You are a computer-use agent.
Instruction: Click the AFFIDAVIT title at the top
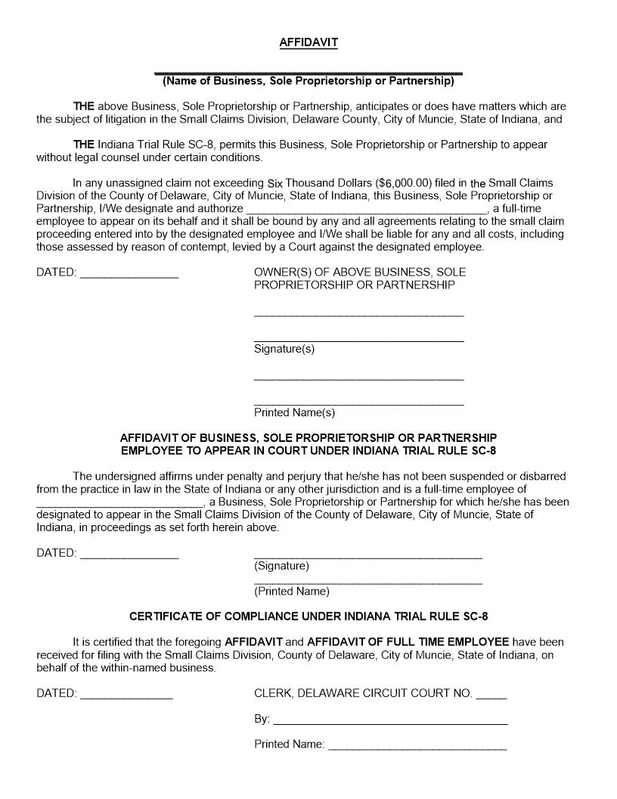point(308,43)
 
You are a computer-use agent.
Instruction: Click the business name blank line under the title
point(308,72)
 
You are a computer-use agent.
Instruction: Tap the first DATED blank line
point(129,275)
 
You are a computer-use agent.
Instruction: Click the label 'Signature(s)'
point(284,349)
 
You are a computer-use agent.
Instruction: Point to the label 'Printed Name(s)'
point(294,413)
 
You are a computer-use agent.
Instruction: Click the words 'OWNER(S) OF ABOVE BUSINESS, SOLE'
point(360,272)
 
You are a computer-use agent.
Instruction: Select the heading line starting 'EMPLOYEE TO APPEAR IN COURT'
point(308,451)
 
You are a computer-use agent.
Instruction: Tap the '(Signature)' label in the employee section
point(281,566)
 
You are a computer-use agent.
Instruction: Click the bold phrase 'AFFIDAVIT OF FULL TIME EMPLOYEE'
point(408,642)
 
